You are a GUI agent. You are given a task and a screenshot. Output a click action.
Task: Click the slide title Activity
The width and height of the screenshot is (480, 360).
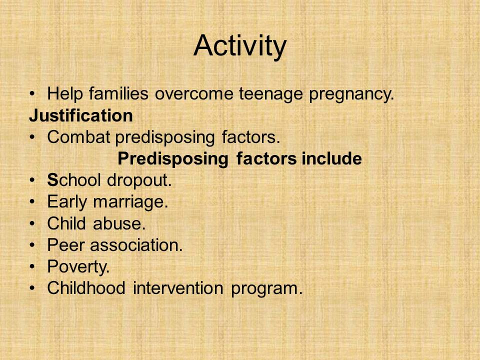(x=240, y=46)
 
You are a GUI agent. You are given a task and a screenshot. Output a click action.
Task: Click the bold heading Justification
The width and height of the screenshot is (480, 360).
(x=81, y=115)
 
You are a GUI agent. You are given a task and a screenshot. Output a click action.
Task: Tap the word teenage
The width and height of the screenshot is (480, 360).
(x=271, y=94)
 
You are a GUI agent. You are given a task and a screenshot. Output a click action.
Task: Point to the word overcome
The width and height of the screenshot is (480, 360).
(x=194, y=93)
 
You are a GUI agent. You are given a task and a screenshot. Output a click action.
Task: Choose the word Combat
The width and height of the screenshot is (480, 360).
(x=78, y=137)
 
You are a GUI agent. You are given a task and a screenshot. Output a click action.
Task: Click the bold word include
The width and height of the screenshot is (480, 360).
(x=332, y=158)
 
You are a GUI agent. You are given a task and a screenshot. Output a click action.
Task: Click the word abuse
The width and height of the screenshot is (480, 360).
(x=119, y=223)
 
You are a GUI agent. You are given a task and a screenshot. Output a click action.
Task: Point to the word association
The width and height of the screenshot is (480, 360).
(x=136, y=245)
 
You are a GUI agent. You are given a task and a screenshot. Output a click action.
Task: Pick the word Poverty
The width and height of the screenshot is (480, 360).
(x=78, y=267)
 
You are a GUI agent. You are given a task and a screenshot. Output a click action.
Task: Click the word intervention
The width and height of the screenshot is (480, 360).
(x=178, y=288)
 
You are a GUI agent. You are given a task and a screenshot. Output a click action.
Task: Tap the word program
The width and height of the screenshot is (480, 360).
(x=266, y=289)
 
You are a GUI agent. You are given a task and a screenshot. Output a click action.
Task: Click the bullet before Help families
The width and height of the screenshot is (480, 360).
(x=32, y=93)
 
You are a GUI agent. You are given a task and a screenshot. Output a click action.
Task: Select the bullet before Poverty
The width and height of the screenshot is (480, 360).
(x=32, y=267)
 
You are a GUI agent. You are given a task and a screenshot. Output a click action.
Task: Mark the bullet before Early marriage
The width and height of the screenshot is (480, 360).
(x=32, y=202)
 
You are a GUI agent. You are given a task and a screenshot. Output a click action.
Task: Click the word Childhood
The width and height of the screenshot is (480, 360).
(x=86, y=288)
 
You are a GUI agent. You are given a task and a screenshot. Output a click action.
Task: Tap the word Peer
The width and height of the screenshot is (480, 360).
(x=66, y=245)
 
